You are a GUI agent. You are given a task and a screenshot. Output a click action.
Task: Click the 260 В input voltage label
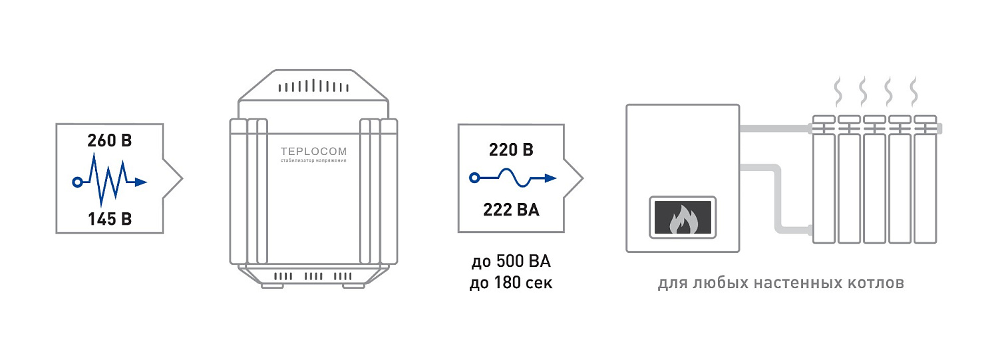click(110, 140)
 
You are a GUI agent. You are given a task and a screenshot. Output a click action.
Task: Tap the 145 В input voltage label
click(110, 219)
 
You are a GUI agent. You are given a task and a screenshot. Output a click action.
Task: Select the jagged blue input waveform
click(110, 180)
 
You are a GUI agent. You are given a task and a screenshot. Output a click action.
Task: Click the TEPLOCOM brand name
click(313, 152)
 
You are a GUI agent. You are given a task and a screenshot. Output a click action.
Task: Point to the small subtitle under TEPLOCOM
click(313, 160)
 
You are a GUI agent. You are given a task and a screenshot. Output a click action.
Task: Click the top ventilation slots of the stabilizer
click(313, 86)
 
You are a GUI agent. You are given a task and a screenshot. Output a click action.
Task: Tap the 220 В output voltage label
click(511, 150)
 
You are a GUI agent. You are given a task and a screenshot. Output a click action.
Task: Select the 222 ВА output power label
click(511, 210)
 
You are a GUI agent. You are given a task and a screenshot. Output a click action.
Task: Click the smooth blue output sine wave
click(513, 178)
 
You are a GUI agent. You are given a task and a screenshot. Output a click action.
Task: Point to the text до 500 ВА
click(511, 262)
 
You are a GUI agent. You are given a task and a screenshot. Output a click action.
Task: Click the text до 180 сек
click(511, 282)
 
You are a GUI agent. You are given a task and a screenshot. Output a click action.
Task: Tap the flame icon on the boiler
click(683, 219)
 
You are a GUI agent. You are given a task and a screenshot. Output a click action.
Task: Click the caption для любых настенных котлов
click(781, 283)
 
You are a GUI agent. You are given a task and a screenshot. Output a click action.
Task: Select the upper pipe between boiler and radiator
click(776, 129)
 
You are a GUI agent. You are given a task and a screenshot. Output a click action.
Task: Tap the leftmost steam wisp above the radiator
click(838, 91)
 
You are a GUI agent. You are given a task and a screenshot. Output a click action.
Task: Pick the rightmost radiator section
click(925, 180)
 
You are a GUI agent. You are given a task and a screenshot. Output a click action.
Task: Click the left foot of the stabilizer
click(272, 285)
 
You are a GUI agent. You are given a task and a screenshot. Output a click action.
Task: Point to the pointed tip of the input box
click(182, 178)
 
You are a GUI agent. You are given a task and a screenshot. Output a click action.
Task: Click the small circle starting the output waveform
click(474, 178)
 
